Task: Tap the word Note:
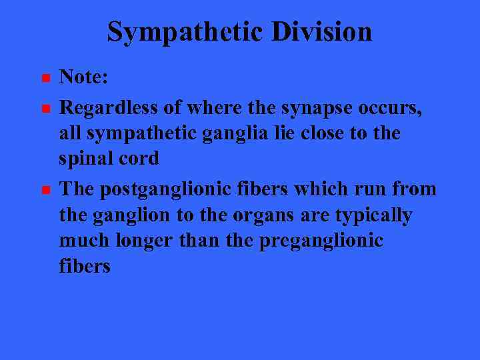coord(83,77)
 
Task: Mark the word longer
coord(144,241)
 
